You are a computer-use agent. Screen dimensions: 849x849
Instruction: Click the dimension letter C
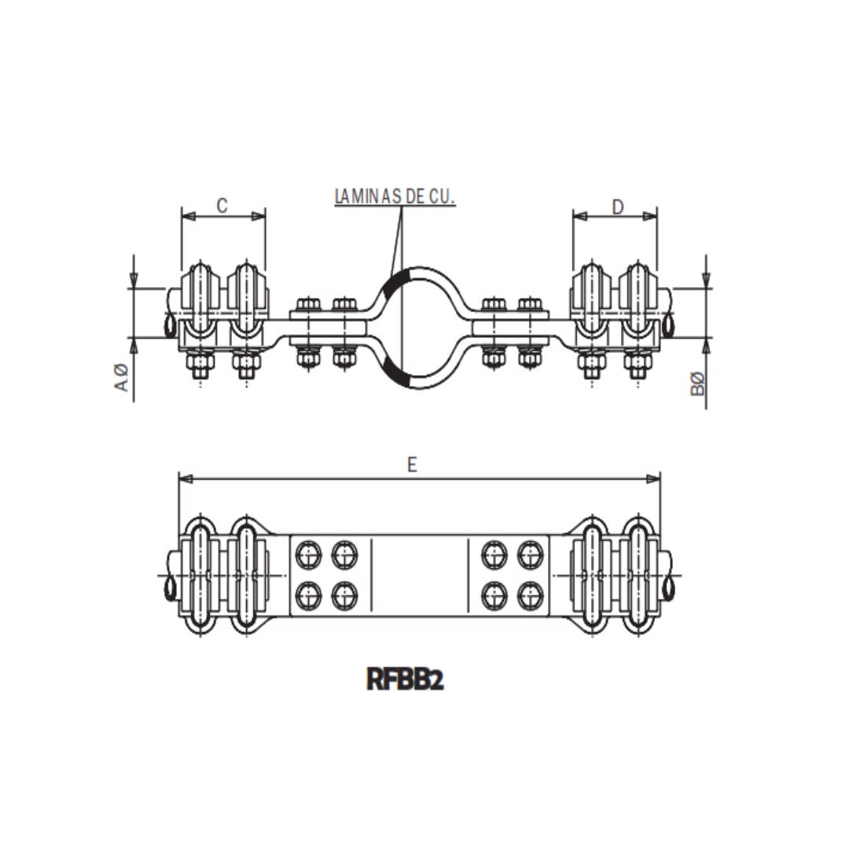pos(222,205)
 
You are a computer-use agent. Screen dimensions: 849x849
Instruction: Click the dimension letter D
pos(618,206)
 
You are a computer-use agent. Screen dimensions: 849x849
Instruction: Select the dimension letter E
pos(412,465)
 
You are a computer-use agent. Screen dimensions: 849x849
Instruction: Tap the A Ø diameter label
pos(122,377)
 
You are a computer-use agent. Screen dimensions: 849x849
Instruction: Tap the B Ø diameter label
pos(698,384)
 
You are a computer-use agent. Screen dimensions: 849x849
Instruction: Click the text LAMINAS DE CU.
pos(395,196)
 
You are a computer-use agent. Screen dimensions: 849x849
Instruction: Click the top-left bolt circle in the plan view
pos(308,556)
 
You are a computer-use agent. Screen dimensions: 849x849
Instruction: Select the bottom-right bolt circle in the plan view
pos(531,596)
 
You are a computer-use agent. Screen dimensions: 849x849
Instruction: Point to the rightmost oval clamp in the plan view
pos(638,575)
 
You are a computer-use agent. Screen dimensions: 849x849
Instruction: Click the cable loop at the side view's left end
pos(171,325)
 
